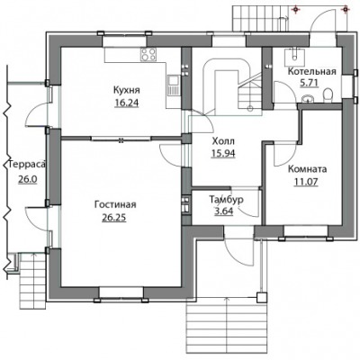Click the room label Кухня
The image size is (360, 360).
click(127, 90)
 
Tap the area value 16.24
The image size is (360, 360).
click(127, 103)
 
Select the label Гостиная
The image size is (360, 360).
click(115, 204)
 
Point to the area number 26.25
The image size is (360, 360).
click(114, 218)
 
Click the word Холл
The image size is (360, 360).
click(223, 140)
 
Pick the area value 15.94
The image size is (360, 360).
click(223, 153)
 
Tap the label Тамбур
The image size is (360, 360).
click(226, 200)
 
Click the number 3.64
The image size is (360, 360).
click(224, 211)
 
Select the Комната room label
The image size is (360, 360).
click(307, 169)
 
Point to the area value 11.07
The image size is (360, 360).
click(306, 182)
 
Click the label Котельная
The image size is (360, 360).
click(312, 71)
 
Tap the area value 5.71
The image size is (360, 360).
click(309, 83)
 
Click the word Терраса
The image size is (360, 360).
click(27, 165)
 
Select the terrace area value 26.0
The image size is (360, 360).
click(27, 179)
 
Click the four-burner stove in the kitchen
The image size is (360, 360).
click(148, 55)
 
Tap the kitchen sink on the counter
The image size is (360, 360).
click(174, 85)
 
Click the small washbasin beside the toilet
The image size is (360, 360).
click(307, 98)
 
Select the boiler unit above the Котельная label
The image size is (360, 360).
click(294, 57)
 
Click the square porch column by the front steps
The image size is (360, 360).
click(262, 297)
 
